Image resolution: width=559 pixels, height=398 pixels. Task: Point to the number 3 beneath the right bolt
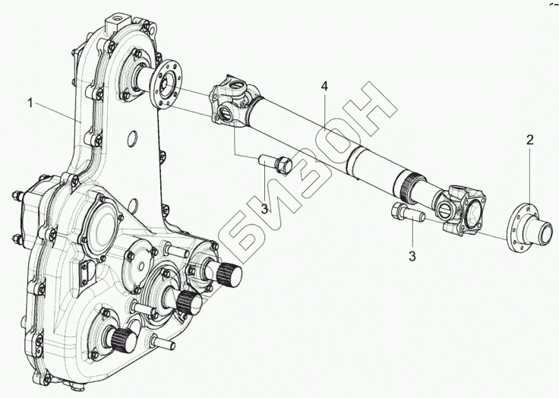click(x=412, y=257)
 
